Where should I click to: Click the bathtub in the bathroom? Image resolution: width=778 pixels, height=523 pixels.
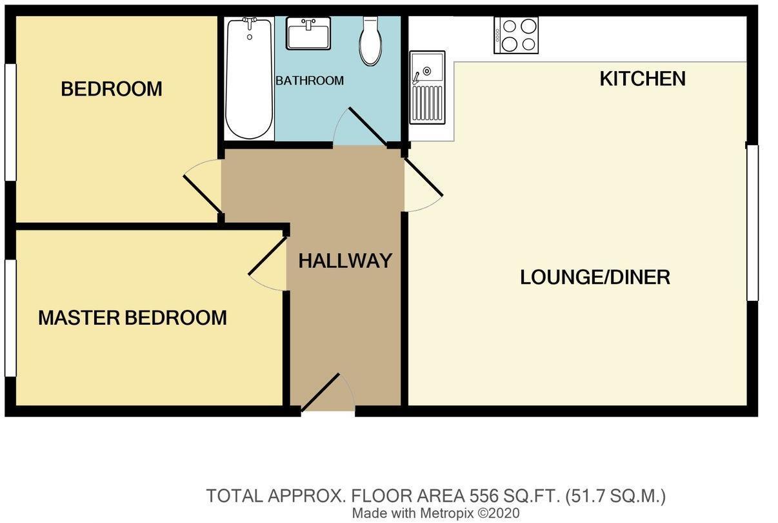[x=248, y=79]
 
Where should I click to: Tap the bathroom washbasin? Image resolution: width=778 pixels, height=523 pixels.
[x=308, y=33]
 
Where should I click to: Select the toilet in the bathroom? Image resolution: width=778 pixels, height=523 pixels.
[x=371, y=41]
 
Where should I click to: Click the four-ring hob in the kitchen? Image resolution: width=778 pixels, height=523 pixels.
[x=516, y=35]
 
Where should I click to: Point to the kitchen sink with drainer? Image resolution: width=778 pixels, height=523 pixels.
[x=427, y=87]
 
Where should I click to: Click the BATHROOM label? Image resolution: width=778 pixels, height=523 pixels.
[x=310, y=81]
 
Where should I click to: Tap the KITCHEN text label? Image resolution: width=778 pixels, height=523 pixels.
[x=643, y=79]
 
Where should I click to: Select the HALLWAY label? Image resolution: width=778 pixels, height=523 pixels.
[x=345, y=261]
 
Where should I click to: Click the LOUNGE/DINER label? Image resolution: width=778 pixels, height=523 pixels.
[x=595, y=277]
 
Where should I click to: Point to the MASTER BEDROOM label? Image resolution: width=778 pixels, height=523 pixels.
[x=132, y=318]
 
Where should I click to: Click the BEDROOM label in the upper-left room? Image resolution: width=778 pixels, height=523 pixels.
[x=112, y=88]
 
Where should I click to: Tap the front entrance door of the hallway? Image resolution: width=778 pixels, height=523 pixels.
[x=328, y=393]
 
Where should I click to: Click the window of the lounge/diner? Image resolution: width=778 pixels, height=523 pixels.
[x=752, y=223]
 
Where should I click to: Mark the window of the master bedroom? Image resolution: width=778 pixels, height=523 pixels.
[x=10, y=318]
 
